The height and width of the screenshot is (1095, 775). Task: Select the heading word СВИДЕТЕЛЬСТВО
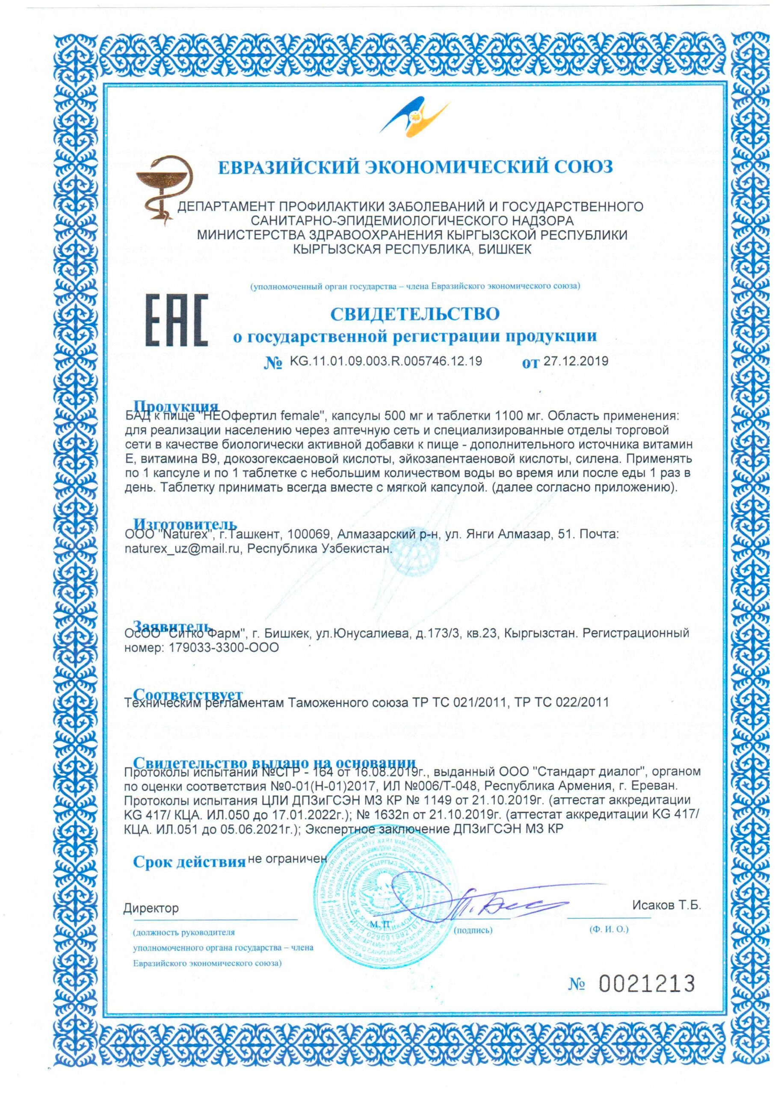[415, 314]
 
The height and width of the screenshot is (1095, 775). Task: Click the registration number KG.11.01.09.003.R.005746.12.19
[386, 361]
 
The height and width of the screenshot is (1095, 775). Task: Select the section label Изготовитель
[185, 524]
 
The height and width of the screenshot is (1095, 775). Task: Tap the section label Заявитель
[172, 626]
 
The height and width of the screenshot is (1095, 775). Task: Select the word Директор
[151, 908]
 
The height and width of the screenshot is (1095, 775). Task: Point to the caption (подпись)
[473, 930]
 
